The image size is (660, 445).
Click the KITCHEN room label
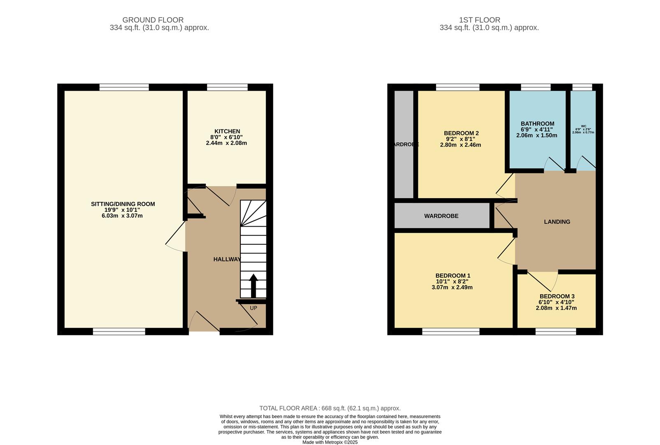[x=226, y=131]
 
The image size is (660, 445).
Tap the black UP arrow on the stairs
[x=253, y=286]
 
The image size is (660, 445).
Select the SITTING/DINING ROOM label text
[x=123, y=204]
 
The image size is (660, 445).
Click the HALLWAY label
[x=227, y=259]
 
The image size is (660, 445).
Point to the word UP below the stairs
[x=253, y=308]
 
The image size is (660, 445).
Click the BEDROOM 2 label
[x=461, y=133]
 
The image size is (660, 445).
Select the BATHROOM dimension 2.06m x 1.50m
[x=537, y=135]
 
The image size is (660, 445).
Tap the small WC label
[x=583, y=126]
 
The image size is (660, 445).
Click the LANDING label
[x=557, y=222]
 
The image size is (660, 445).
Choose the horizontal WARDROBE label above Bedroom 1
[x=441, y=216]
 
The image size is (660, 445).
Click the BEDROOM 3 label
[x=557, y=296]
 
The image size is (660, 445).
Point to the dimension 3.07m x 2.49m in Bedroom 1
[x=452, y=287]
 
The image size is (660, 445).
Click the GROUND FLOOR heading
[x=153, y=20]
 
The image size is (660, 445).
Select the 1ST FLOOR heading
[x=480, y=20]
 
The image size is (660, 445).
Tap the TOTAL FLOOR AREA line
[x=330, y=408]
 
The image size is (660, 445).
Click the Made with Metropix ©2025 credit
[x=330, y=442]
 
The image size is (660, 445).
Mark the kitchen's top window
[x=227, y=87]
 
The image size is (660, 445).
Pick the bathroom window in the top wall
[x=536, y=87]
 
